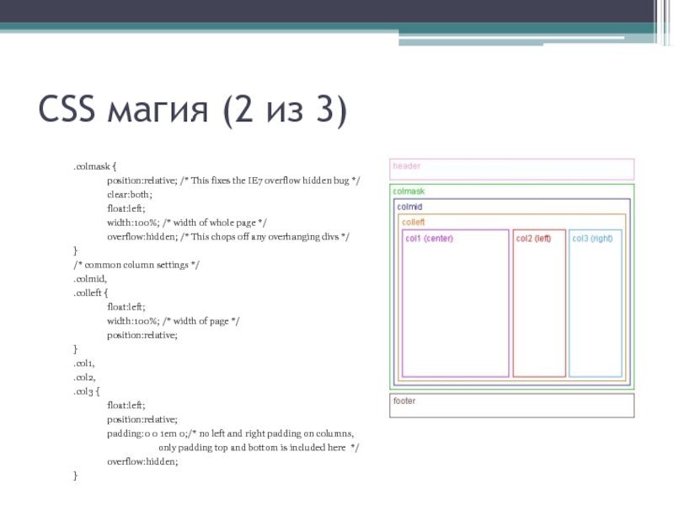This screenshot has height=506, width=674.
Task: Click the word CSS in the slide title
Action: pyautogui.click(x=69, y=111)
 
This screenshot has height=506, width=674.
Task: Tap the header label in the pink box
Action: pyautogui.click(x=406, y=166)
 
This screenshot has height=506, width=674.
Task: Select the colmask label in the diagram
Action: pyautogui.click(x=409, y=191)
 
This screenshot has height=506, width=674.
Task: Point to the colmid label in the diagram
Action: pyautogui.click(x=409, y=207)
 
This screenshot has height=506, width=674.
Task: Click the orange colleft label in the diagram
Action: pyautogui.click(x=413, y=222)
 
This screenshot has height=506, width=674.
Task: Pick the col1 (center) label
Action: pyautogui.click(x=429, y=238)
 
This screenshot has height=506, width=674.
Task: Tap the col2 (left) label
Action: pyautogui.click(x=533, y=238)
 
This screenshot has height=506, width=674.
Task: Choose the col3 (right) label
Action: pyautogui.click(x=592, y=238)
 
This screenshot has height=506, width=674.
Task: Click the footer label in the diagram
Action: pyautogui.click(x=404, y=401)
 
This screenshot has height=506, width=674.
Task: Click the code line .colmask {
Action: pyautogui.click(x=94, y=167)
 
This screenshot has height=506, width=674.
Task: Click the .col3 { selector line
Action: pyautogui.click(x=86, y=391)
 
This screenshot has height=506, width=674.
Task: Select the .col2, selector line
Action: pyautogui.click(x=84, y=377)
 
